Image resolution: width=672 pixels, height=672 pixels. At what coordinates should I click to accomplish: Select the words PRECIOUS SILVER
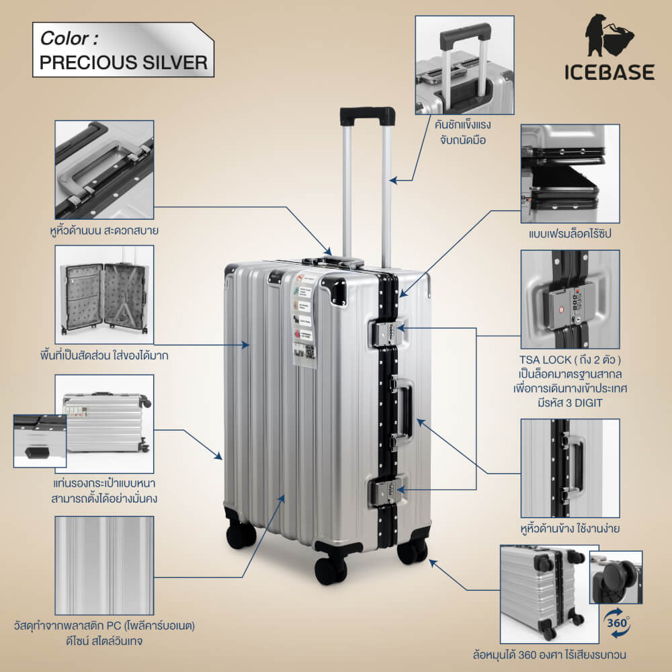[x=123, y=62]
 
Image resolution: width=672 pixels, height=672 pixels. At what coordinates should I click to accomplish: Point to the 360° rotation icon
[x=618, y=619]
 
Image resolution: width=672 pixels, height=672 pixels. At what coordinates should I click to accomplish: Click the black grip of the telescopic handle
[x=367, y=116]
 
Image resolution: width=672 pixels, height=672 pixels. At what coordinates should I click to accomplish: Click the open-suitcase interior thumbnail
[x=104, y=294]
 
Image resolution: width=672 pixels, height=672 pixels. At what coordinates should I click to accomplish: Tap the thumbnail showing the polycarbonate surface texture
[x=104, y=565]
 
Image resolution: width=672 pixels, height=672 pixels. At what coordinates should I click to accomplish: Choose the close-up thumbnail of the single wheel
[x=616, y=577]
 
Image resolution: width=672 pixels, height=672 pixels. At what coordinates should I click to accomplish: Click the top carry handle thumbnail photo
[x=104, y=169]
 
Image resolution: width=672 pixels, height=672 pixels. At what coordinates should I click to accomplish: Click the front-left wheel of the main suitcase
[x=331, y=569]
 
